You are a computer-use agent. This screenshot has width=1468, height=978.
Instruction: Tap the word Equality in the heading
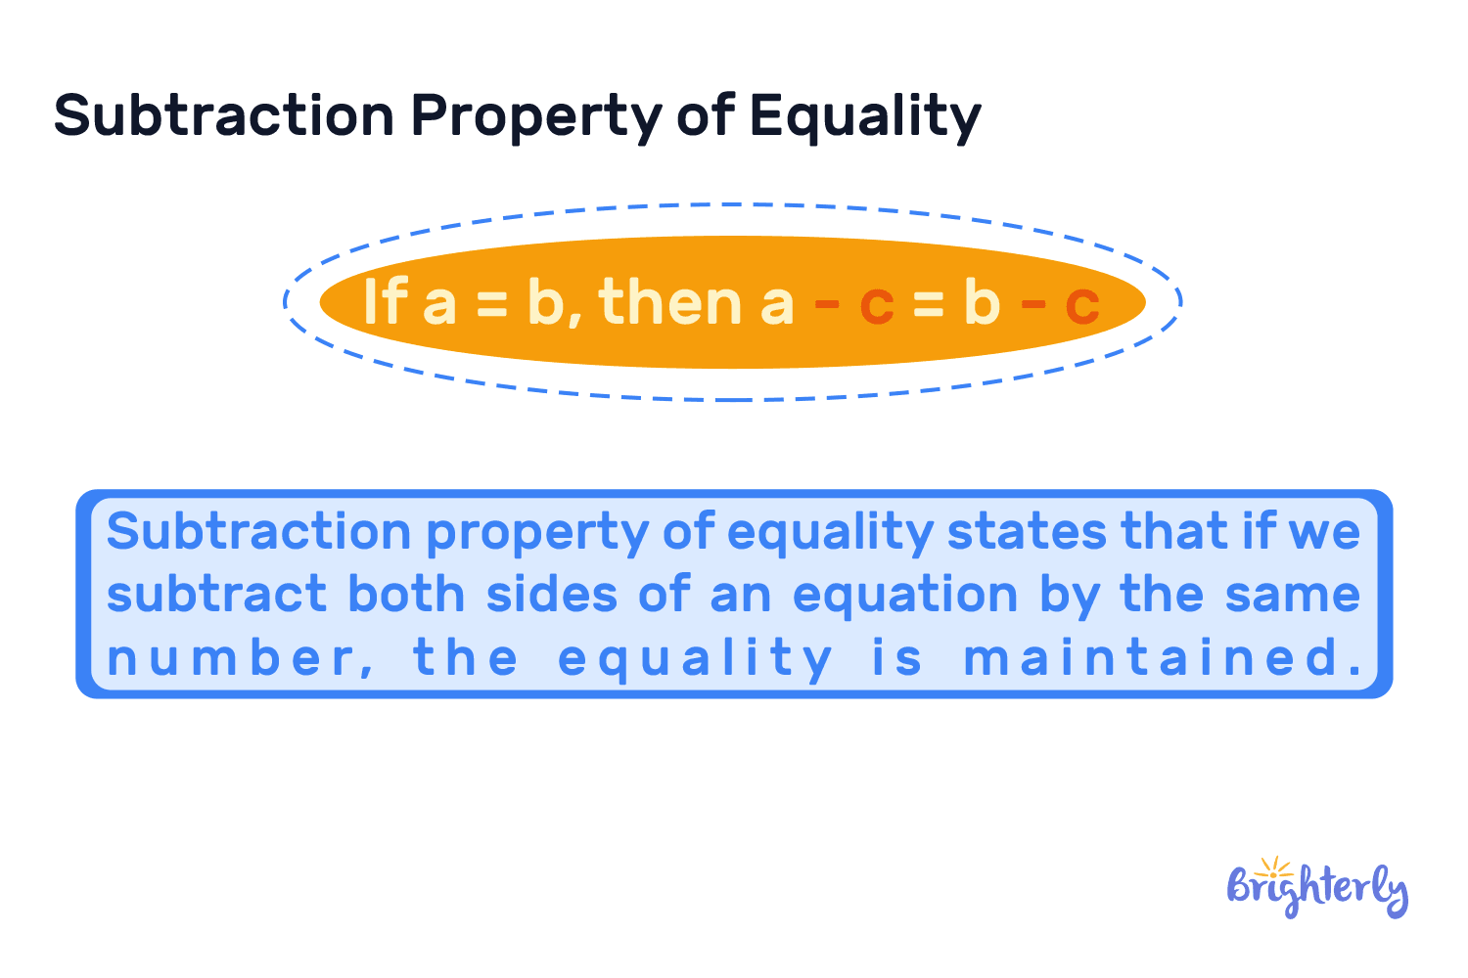point(865,116)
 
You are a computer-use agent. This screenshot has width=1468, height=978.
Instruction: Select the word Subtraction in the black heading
point(224,114)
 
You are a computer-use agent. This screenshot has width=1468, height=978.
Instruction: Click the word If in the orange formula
point(384,301)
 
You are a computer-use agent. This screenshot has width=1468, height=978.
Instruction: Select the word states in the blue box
point(1027,532)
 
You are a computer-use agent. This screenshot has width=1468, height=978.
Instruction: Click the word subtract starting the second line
point(216,595)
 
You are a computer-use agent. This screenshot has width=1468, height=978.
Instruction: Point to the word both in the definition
point(406,595)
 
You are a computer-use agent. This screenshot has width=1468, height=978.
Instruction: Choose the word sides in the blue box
point(552,595)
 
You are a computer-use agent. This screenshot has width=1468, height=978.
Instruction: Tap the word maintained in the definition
point(1163,657)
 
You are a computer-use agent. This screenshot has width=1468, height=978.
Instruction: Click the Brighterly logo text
point(1317,891)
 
